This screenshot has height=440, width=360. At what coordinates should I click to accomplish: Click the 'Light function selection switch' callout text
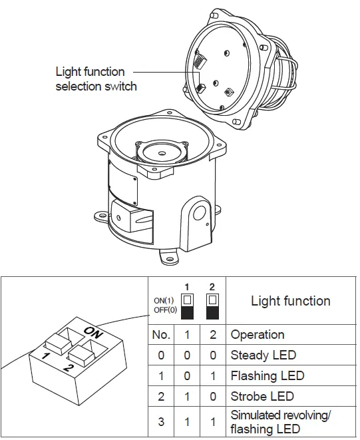(96, 79)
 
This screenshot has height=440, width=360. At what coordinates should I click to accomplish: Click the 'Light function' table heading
(290, 301)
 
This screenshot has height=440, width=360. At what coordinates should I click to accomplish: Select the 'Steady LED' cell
(263, 355)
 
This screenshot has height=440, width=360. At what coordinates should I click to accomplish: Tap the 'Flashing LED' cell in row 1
(267, 375)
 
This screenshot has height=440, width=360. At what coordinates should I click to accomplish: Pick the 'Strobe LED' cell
(262, 396)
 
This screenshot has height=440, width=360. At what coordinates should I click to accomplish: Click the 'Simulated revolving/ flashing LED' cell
(279, 422)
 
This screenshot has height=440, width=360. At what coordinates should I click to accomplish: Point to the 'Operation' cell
(257, 334)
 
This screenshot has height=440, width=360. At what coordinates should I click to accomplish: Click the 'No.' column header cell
(161, 334)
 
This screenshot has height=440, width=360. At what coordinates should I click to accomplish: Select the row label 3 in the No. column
(161, 422)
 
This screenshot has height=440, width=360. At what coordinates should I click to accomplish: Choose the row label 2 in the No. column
(161, 396)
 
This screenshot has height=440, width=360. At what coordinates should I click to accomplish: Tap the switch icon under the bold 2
(212, 304)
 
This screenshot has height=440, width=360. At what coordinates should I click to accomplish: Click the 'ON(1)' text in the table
(164, 300)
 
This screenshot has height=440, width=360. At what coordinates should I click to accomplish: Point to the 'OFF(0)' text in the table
(164, 309)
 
